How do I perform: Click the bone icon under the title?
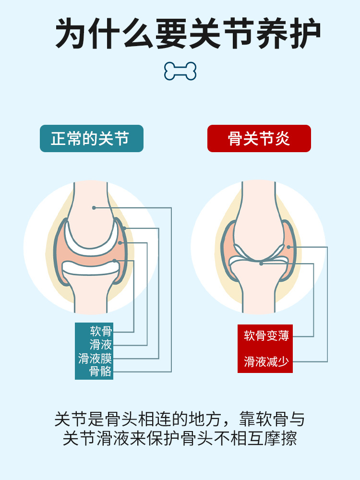tap(180, 71)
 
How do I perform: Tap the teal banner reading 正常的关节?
tap(91, 138)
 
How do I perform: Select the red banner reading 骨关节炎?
tap(259, 138)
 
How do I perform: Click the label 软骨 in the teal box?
tap(101, 331)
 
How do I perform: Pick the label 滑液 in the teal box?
tap(101, 345)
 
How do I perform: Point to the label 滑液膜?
tap(95, 358)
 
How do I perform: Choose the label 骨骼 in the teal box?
tap(101, 371)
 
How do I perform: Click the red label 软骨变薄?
tap(266, 336)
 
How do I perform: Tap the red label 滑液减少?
tap(266, 361)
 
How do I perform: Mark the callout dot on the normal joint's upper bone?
tap(94, 208)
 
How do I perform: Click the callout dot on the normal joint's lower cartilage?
tap(115, 261)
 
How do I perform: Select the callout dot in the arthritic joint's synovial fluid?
tap(288, 247)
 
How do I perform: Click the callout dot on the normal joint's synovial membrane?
tap(124, 228)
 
